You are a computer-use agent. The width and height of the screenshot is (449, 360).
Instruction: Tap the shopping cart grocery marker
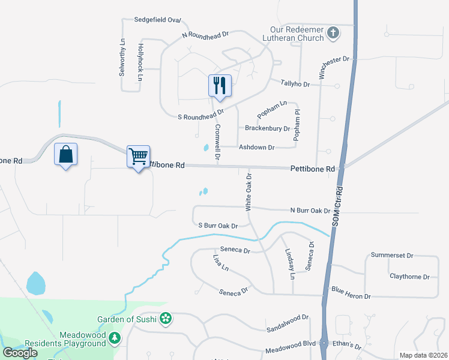point(138,157)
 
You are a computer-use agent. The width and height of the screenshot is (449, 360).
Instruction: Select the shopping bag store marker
point(65,154)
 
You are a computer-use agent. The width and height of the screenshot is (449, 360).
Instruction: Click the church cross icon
point(333,32)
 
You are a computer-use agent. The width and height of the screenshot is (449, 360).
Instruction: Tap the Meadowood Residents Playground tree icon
point(114,340)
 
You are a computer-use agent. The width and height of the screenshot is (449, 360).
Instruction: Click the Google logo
point(19,352)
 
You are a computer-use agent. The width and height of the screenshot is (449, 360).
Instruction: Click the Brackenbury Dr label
point(267,128)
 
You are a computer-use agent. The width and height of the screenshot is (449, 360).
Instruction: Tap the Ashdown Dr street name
point(256,147)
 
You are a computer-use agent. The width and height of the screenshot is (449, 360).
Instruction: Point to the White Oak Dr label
point(248,191)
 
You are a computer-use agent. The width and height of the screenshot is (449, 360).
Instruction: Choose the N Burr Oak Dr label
point(310,211)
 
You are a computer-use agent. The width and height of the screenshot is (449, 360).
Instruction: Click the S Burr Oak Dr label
point(218,226)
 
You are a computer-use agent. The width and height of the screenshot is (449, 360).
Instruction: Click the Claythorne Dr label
point(409,277)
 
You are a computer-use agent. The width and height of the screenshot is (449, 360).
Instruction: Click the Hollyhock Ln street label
point(141,62)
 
